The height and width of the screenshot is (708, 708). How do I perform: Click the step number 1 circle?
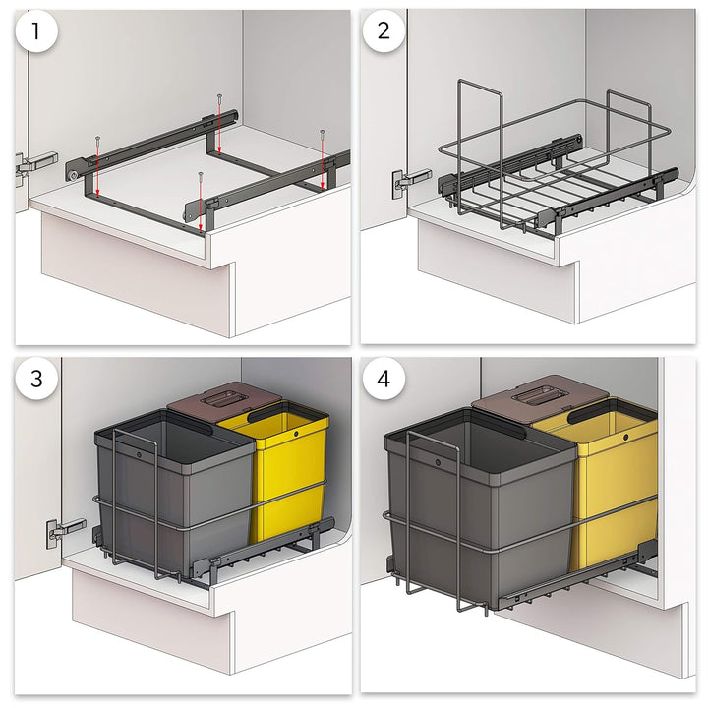[x=36, y=31]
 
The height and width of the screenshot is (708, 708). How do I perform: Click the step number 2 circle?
[x=383, y=30]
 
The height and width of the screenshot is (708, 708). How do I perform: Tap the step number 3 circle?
[x=36, y=379]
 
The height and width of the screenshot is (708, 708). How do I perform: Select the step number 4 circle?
[x=383, y=379]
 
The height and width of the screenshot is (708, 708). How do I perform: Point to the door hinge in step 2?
[x=410, y=182]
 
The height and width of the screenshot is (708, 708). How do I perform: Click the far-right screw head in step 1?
[x=323, y=133]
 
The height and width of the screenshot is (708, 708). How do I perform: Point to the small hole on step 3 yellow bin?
[x=296, y=434]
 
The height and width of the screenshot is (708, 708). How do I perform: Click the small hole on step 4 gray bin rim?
[x=438, y=463]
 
